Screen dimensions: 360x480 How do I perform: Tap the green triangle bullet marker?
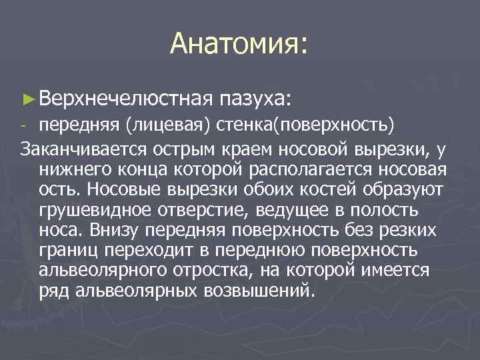[27, 99]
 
